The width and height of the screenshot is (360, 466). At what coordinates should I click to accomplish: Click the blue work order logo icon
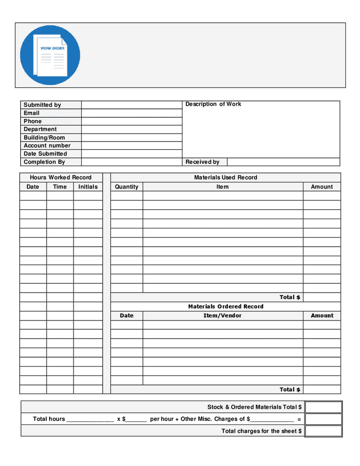(x=50, y=55)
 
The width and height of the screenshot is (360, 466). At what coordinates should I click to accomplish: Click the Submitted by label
(x=42, y=105)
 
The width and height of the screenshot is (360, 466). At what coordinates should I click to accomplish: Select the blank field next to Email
(x=132, y=113)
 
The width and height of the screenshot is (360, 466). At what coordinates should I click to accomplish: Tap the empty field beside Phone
(x=132, y=121)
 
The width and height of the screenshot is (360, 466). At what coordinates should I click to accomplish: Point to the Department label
(x=40, y=129)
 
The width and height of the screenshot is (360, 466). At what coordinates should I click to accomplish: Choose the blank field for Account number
(x=132, y=145)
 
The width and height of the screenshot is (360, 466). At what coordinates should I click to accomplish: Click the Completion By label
(x=44, y=162)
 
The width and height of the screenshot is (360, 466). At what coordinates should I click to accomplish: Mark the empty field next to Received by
(x=283, y=162)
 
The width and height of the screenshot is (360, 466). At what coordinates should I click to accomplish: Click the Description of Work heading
(x=213, y=104)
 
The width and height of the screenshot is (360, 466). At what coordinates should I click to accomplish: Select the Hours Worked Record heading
(x=61, y=178)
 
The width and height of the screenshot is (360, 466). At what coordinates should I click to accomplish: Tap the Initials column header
(x=88, y=187)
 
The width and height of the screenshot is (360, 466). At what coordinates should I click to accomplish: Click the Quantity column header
(x=126, y=187)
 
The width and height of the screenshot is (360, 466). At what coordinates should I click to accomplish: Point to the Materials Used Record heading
(x=225, y=178)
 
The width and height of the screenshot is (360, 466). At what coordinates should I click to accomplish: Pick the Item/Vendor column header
(x=222, y=315)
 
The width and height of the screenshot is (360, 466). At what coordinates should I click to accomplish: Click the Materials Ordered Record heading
(x=225, y=307)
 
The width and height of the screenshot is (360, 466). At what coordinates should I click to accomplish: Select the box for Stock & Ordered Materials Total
(x=323, y=407)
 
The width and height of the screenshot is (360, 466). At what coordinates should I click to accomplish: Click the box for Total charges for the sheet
(x=323, y=431)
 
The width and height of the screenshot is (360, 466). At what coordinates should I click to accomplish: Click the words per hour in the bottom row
(x=162, y=419)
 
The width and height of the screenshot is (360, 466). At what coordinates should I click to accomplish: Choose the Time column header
(x=60, y=187)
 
